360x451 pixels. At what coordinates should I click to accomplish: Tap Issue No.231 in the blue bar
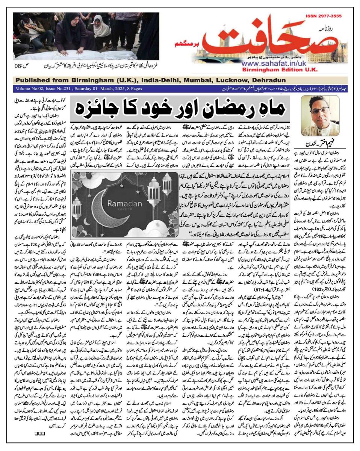pyautogui.click(x=59, y=88)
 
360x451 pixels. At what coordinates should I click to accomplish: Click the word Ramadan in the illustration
pyautogui.click(x=123, y=203)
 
